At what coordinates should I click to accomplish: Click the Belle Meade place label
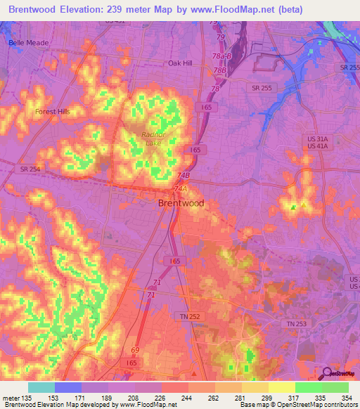coord(29,43)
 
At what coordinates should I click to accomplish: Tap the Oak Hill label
coord(181,63)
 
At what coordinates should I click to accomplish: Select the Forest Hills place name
coord(54,111)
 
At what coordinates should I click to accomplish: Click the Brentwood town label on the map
coord(181,203)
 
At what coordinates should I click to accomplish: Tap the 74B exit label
coord(184,176)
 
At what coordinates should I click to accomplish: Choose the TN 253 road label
coord(297,323)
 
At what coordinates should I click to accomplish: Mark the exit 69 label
coord(135,349)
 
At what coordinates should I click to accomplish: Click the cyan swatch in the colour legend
coord(41,387)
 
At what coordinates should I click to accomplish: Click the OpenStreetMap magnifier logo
coord(327,373)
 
